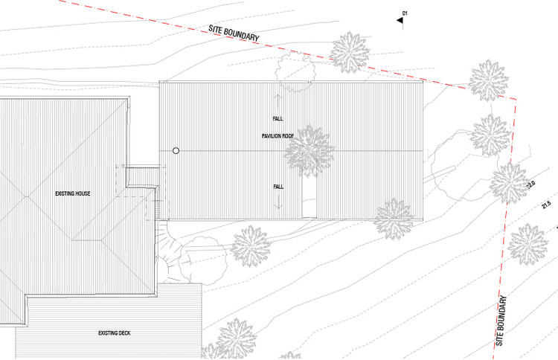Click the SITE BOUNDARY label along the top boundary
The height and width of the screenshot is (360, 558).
click(x=234, y=32)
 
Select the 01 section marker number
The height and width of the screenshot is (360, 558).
click(x=405, y=13)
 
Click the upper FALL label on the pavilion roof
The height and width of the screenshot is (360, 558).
click(x=278, y=119)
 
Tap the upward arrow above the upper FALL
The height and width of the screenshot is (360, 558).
click(x=278, y=99)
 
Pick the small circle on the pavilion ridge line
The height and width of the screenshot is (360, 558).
click(x=176, y=150)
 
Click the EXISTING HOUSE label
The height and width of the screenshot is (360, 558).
click(x=73, y=193)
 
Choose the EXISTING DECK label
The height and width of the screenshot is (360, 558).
click(x=114, y=332)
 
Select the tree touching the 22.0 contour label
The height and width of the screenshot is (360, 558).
click(x=510, y=180)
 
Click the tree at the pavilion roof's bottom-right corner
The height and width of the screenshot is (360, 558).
click(x=394, y=219)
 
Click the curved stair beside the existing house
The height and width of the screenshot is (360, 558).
click(x=169, y=257)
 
